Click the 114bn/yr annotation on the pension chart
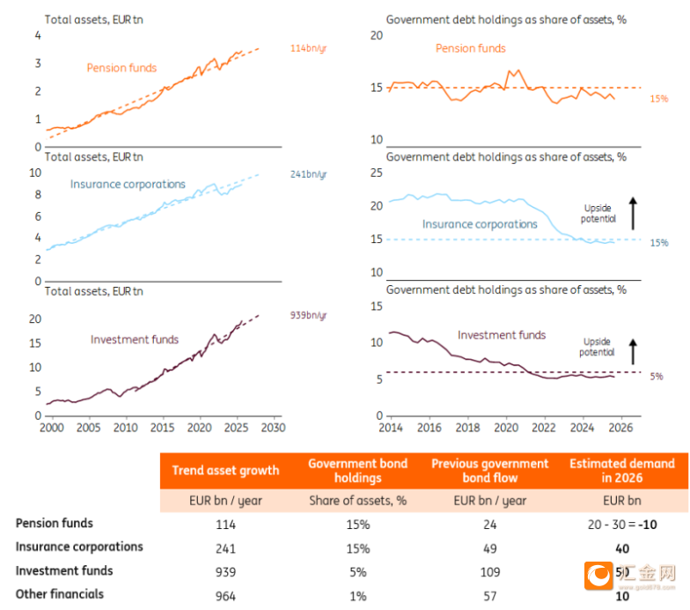pos(309,48)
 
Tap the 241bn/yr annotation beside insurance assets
pos(309,174)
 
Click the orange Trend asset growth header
pos(225,470)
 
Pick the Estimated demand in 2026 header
pos(621,470)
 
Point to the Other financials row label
pos(60,594)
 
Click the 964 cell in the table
pos(225,596)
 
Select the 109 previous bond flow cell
pos(490,572)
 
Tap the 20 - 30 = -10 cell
pos(621,525)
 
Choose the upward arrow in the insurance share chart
pos(632,215)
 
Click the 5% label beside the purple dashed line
pos(657,377)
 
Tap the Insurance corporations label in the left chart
pos(128,185)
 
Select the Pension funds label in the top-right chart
pos(471,48)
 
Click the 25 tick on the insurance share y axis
pos(376,173)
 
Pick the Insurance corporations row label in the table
pos(79,547)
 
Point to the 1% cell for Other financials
pos(357,596)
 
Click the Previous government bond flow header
pos(490,470)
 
